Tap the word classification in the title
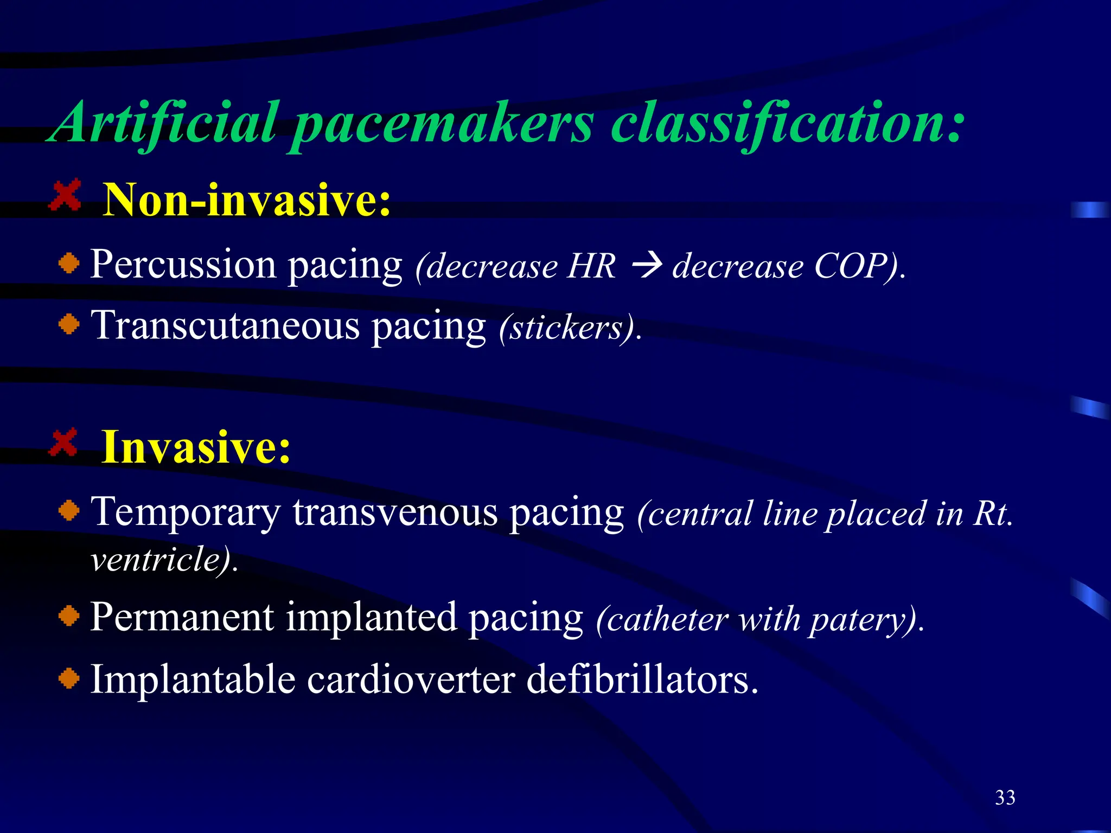pyautogui.click(x=787, y=124)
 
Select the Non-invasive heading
pyautogui.click(x=247, y=200)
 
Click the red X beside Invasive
pyautogui.click(x=63, y=443)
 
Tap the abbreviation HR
pyautogui.click(x=591, y=266)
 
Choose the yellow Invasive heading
pyautogui.click(x=196, y=447)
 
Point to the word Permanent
pyautogui.click(x=182, y=618)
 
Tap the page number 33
pyautogui.click(x=1005, y=798)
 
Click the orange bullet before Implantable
pyautogui.click(x=69, y=678)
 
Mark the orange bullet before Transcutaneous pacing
pyautogui.click(x=69, y=325)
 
